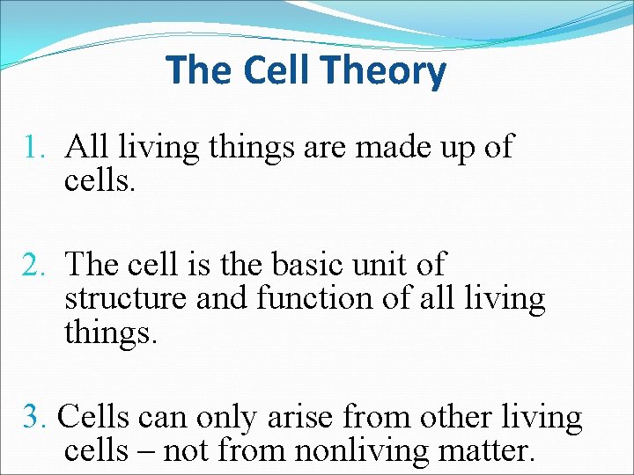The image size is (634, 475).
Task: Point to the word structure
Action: (126, 299)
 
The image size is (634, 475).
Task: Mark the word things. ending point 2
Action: (111, 333)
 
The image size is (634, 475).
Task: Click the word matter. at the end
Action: (486, 451)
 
